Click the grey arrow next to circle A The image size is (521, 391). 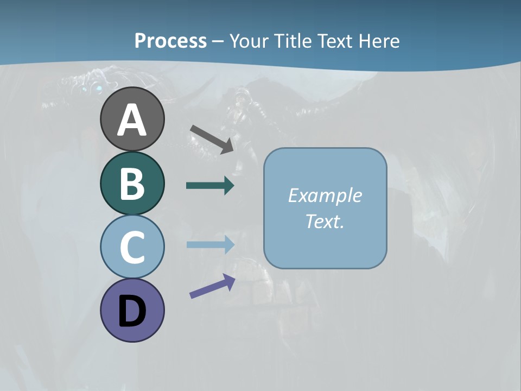click(x=212, y=138)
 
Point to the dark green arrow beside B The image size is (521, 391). click(x=210, y=186)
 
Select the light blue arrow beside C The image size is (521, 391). click(x=210, y=244)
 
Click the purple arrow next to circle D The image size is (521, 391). click(x=212, y=287)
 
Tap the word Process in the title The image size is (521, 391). click(x=170, y=41)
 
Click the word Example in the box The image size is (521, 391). click(x=325, y=195)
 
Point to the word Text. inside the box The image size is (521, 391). click(x=325, y=221)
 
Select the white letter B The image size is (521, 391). click(x=132, y=184)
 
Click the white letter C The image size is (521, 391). click(x=132, y=247)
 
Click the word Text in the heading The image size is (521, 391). click(x=336, y=41)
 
